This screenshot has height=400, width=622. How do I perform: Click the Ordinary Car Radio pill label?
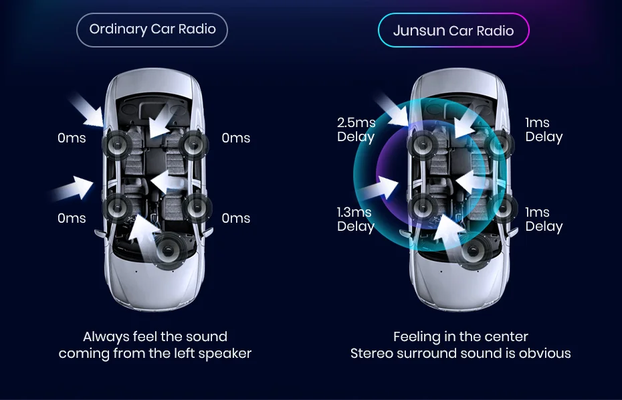pos(152,29)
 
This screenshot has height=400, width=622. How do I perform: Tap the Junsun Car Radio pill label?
pos(453,31)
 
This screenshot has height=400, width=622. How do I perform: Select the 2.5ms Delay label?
pos(356,130)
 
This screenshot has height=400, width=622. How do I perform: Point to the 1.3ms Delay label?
pos(355,219)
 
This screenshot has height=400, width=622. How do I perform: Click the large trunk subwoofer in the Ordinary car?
pos(171,250)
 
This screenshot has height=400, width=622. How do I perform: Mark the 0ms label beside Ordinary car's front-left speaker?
pos(72,138)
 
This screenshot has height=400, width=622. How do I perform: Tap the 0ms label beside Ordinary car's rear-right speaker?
pos(236,218)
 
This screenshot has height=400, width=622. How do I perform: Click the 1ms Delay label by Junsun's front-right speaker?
pos(544,130)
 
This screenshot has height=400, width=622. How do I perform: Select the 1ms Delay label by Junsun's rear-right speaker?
pos(544,219)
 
